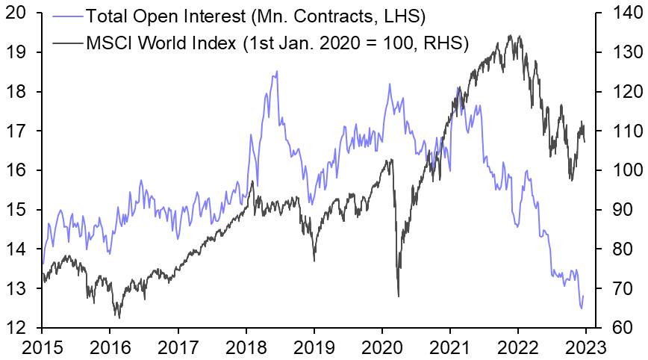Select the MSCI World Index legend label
(x=277, y=43)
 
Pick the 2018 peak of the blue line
(x=277, y=72)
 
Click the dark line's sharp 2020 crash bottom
(x=398, y=296)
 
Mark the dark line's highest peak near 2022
(x=511, y=35)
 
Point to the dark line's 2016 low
(x=119, y=317)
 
